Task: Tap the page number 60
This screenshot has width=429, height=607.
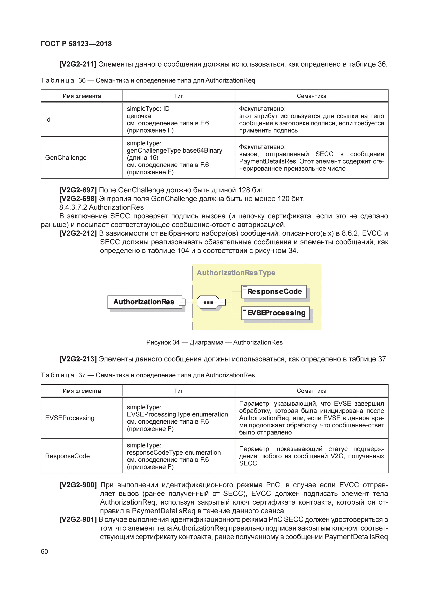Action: (x=44, y=551)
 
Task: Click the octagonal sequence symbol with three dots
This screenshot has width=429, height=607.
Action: (x=208, y=302)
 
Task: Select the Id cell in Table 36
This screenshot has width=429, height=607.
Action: (x=48, y=120)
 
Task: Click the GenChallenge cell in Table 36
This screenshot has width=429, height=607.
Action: (x=66, y=158)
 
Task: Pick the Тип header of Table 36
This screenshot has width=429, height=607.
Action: (x=179, y=96)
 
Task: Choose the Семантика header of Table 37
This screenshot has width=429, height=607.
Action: (x=311, y=391)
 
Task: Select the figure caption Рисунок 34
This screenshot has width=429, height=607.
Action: (x=163, y=342)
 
